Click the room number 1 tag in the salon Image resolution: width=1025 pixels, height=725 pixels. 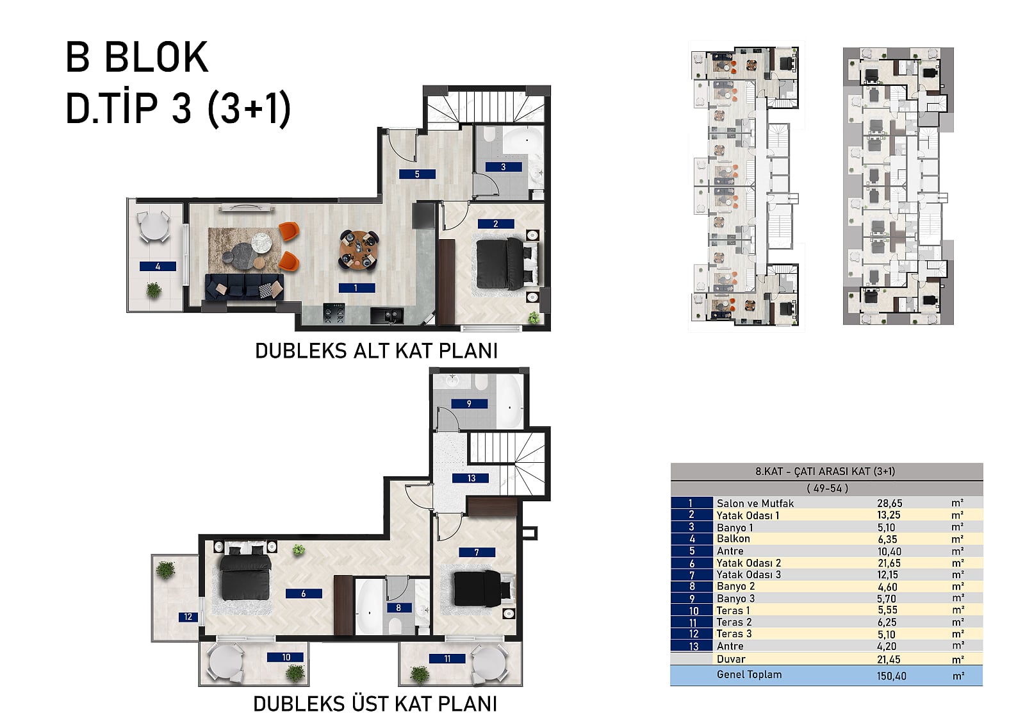356,288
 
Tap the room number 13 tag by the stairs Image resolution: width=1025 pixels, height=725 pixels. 470,478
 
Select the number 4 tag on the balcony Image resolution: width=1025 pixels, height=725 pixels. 158,266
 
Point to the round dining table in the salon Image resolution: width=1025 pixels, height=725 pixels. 359,250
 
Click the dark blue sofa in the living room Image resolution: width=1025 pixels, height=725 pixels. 244,287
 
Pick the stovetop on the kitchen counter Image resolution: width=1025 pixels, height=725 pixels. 334,313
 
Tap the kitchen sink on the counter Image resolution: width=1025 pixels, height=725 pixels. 387,316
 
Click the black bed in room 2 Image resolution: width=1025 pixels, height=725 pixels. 504,262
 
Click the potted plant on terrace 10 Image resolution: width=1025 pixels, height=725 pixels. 295,673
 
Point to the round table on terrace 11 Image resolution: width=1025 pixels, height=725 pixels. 489,663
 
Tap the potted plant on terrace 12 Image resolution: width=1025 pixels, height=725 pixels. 165,571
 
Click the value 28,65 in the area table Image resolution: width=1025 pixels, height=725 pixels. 890,503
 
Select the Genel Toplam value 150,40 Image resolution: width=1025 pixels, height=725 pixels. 891,676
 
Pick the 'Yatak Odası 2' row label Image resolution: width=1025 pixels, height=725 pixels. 749,563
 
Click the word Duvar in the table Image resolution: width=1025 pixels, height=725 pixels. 731,659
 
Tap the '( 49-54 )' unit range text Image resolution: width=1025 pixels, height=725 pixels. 827,488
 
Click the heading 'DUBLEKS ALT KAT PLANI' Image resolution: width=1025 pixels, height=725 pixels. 376,351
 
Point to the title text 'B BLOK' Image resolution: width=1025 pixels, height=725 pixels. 137,57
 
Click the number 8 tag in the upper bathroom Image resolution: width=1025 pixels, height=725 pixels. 398,608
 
